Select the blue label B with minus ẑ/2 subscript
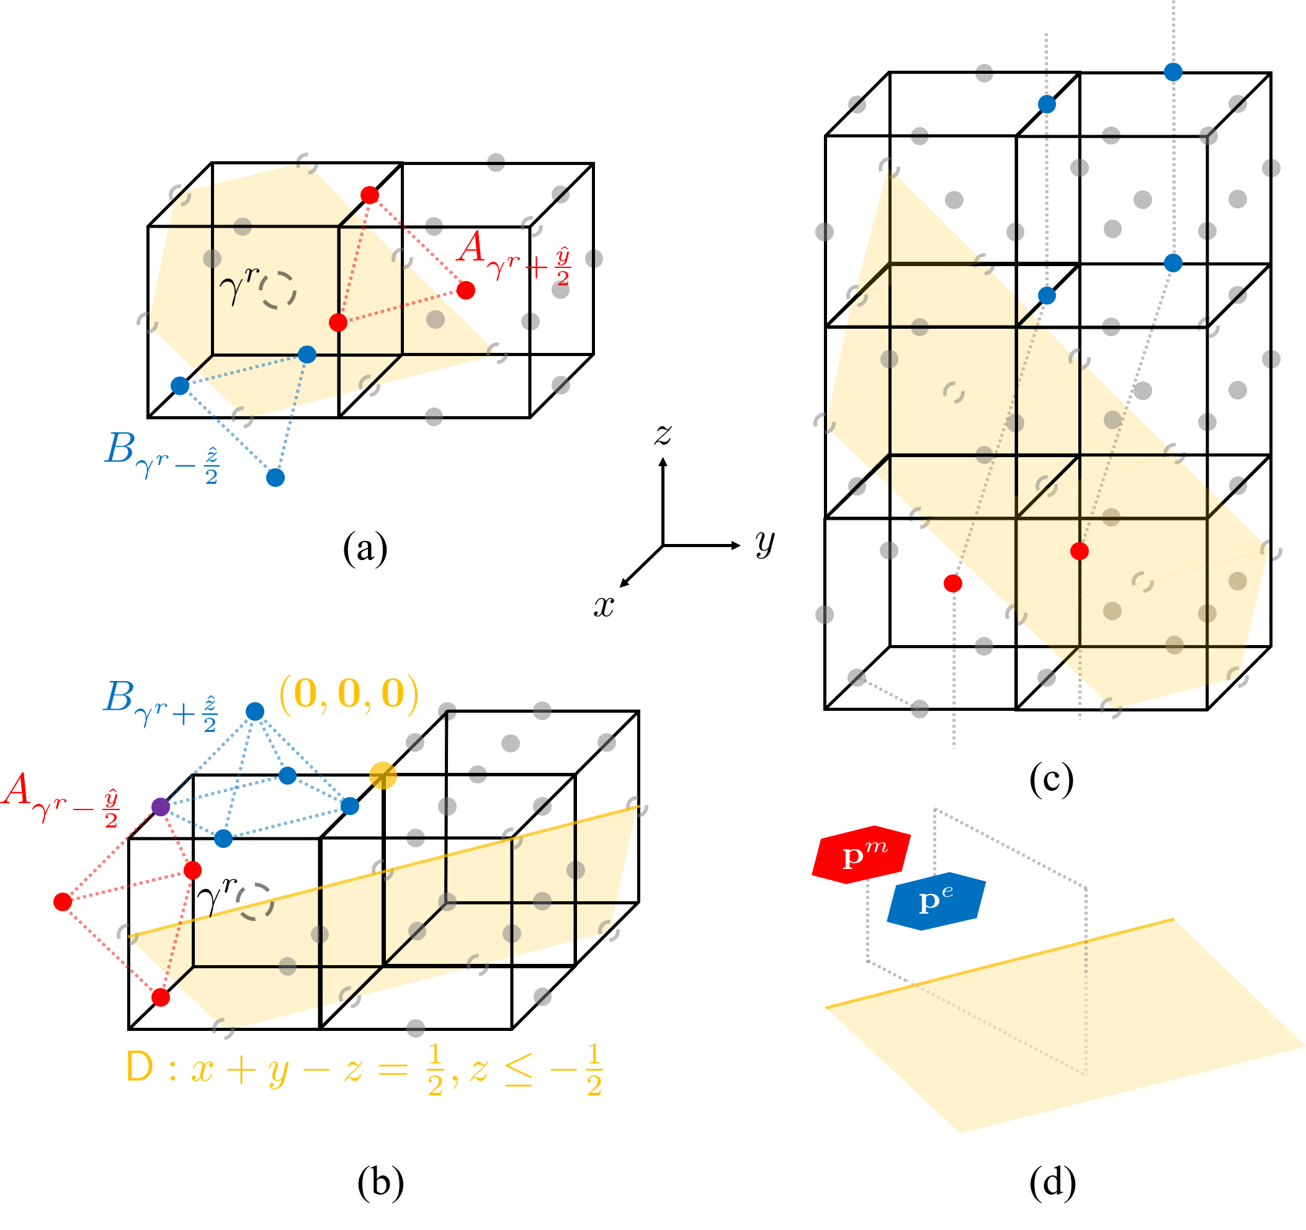tap(161, 458)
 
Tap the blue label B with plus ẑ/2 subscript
tap(160, 706)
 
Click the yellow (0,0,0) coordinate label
tap(349, 694)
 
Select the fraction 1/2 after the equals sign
tap(435, 1069)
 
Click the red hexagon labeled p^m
tap(861, 854)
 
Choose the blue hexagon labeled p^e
tap(936, 901)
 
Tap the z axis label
tap(663, 435)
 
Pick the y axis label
tap(765, 544)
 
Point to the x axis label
tap(604, 607)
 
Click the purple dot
tap(161, 806)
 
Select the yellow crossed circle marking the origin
tap(383, 775)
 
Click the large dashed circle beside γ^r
tap(279, 290)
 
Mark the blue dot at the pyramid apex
tap(255, 711)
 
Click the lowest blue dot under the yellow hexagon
tap(275, 478)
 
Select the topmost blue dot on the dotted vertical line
tap(1173, 71)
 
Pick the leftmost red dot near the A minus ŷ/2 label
tap(63, 902)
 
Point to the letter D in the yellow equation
tap(140, 1067)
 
